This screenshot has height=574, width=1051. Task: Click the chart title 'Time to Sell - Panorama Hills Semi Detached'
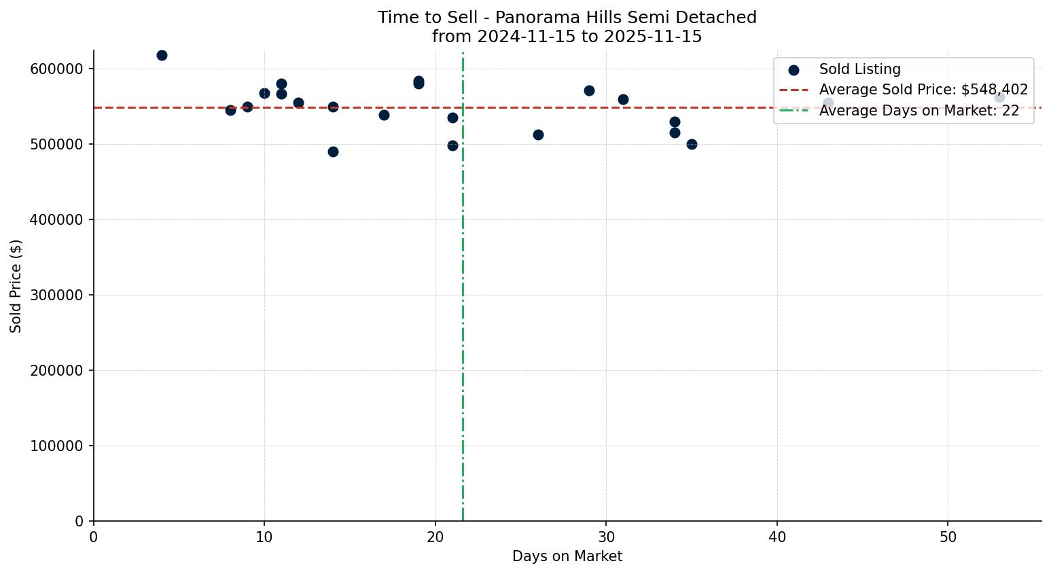(567, 18)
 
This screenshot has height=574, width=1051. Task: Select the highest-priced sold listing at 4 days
(162, 56)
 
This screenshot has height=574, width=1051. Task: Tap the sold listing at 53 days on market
(999, 98)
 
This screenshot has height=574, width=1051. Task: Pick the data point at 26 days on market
(538, 135)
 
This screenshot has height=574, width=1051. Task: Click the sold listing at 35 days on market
(692, 145)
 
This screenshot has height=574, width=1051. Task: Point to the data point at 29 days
(589, 91)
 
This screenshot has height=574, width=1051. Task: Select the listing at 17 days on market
(384, 115)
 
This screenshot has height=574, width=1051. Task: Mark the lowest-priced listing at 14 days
(333, 152)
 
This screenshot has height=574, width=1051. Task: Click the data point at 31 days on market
(623, 100)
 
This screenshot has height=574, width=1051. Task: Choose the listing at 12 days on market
(298, 103)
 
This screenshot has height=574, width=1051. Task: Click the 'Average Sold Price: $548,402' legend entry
(923, 90)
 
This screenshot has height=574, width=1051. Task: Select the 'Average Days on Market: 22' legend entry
(919, 111)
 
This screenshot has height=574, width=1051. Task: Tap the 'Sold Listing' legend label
(859, 69)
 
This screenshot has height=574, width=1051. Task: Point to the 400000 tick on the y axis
(56, 220)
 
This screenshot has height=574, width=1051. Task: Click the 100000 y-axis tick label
(56, 446)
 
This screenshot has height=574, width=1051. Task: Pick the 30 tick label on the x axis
(606, 537)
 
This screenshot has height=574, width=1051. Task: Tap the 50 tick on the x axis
(948, 537)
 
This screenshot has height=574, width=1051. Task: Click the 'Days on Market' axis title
(567, 557)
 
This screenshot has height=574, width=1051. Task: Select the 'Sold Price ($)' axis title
(16, 286)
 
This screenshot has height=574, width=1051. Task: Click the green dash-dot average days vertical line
(463, 306)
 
